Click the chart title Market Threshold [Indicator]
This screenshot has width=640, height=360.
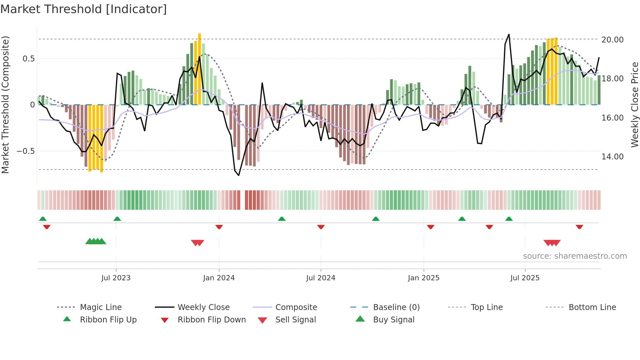point(84,9)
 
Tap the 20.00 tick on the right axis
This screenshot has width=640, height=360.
point(612,40)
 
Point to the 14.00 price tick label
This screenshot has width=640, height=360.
point(612,157)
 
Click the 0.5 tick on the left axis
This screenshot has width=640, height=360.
point(28,59)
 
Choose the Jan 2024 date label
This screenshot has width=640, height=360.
point(219,278)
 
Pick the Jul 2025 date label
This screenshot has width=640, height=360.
point(525,278)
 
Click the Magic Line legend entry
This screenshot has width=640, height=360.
point(101,307)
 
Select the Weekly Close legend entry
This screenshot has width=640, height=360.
point(203,307)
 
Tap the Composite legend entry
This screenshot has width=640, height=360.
point(296,307)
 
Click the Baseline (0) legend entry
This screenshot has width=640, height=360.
point(396,307)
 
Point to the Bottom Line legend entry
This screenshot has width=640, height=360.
point(592,307)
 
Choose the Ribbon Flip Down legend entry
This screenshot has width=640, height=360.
point(211,320)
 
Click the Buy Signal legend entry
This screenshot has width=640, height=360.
point(393,320)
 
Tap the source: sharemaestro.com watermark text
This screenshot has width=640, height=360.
point(575,256)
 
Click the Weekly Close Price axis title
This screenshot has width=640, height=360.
point(634,105)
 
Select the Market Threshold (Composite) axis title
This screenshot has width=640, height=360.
point(5,105)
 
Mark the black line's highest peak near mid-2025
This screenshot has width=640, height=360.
point(509,34)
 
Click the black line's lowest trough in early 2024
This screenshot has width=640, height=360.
point(239,175)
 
